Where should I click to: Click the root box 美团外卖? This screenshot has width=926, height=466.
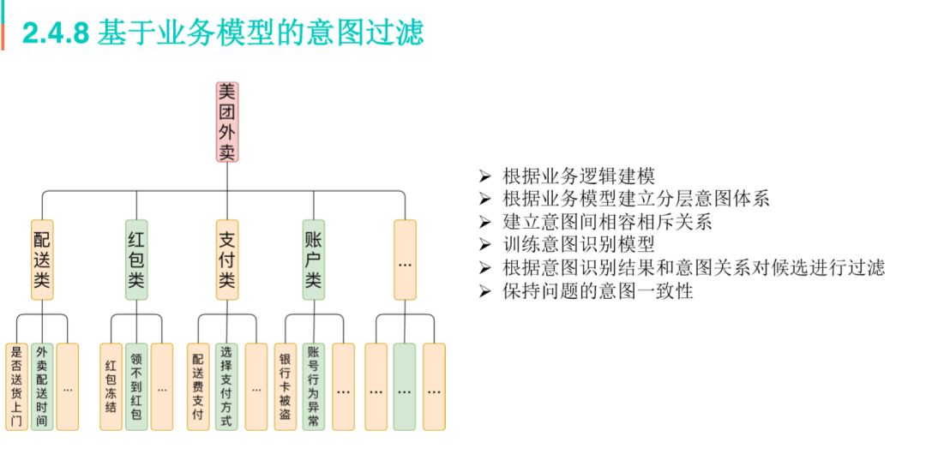pyautogui.click(x=226, y=122)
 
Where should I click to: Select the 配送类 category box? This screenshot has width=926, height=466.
pyautogui.click(x=42, y=260)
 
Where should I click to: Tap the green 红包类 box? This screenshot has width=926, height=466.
pyautogui.click(x=136, y=260)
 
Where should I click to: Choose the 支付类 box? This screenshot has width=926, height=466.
pyautogui.click(x=226, y=260)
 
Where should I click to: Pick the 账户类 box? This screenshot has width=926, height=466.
pyautogui.click(x=314, y=260)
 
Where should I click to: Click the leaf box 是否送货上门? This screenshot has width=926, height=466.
pyautogui.click(x=16, y=386)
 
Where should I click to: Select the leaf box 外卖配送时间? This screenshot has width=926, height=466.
pyautogui.click(x=42, y=386)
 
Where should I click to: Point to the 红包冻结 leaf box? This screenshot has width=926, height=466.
pyautogui.click(x=111, y=386)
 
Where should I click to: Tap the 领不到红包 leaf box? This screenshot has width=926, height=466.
pyautogui.click(x=136, y=386)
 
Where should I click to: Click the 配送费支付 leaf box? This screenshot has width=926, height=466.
pyautogui.click(x=198, y=386)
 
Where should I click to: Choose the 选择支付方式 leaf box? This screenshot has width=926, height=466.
pyautogui.click(x=226, y=386)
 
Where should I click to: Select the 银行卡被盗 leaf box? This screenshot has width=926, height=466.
pyautogui.click(x=286, y=386)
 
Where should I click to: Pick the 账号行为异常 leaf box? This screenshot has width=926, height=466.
pyautogui.click(x=314, y=386)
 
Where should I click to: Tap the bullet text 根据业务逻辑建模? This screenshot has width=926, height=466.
pyautogui.click(x=579, y=177)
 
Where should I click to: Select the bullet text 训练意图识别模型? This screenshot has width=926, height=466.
pyautogui.click(x=579, y=245)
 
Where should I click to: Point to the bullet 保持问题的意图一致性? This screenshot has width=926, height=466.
pyautogui.click(x=598, y=291)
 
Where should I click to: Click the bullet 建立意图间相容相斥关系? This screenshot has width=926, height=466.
pyautogui.click(x=608, y=223)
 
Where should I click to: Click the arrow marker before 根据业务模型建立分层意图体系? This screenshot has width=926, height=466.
pyautogui.click(x=485, y=200)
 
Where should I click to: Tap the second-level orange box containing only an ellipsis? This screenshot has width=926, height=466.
pyautogui.click(x=406, y=260)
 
